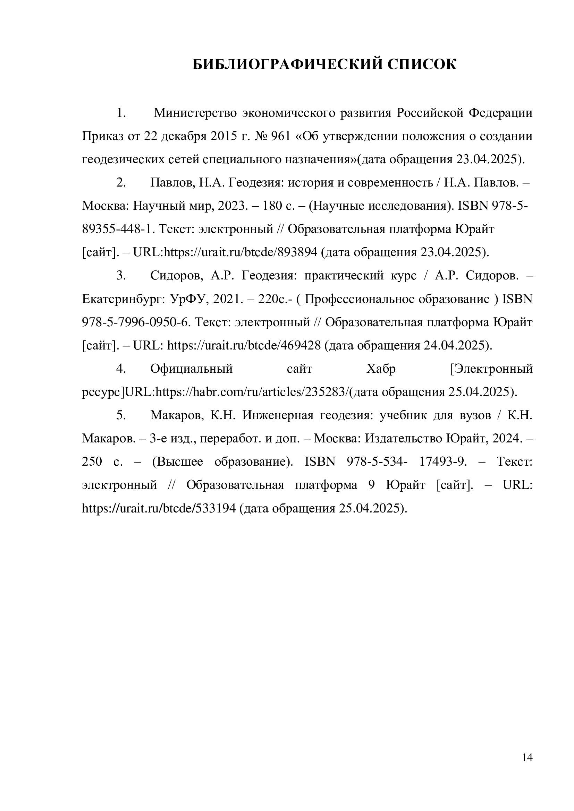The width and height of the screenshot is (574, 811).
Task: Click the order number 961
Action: coord(280,136)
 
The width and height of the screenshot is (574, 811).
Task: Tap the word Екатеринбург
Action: coord(121,299)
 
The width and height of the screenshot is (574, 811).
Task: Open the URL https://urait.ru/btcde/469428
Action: coord(244,345)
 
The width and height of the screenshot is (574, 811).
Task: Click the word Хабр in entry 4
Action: coord(381,369)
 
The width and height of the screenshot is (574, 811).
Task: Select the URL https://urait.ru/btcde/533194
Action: coord(159,508)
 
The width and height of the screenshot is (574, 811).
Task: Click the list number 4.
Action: coord(121,369)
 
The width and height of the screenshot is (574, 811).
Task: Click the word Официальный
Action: coord(192,369)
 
